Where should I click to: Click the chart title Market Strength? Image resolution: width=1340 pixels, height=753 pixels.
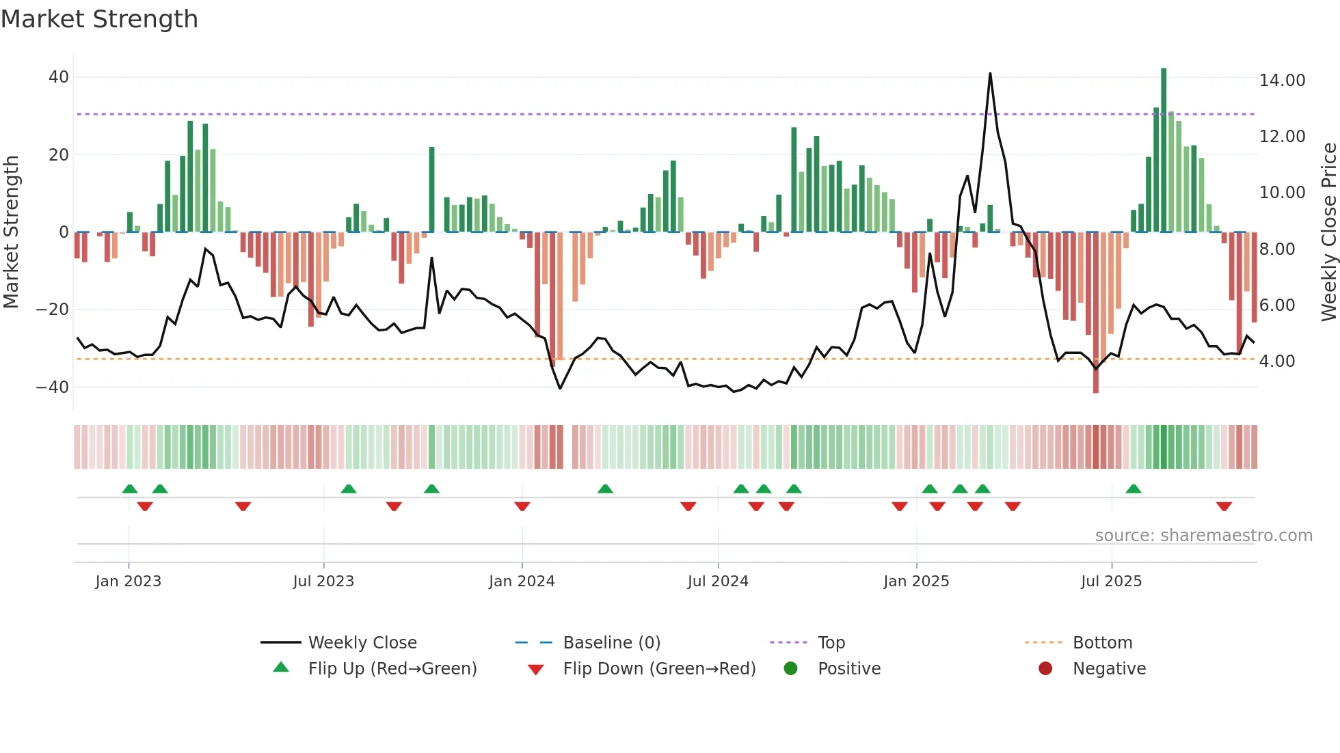[x=99, y=19]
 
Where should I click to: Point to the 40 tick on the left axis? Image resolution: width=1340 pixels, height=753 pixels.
[x=59, y=77]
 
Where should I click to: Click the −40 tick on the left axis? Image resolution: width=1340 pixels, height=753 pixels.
[x=53, y=387]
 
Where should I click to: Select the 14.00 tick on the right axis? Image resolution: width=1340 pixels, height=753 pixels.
[x=1282, y=81]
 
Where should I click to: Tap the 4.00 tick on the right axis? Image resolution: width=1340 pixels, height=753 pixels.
[x=1276, y=361]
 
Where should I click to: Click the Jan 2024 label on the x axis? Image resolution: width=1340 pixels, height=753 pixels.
[x=522, y=581]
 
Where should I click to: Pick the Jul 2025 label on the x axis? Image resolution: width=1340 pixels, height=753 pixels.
[x=1111, y=581]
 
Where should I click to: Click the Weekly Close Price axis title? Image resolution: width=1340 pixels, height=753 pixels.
[x=1328, y=232]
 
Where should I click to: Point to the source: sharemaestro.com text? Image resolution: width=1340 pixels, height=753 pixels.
[x=1203, y=536]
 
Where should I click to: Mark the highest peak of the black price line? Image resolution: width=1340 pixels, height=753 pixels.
[x=990, y=74]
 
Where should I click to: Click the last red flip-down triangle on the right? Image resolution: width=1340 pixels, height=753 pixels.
[x=1224, y=506]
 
